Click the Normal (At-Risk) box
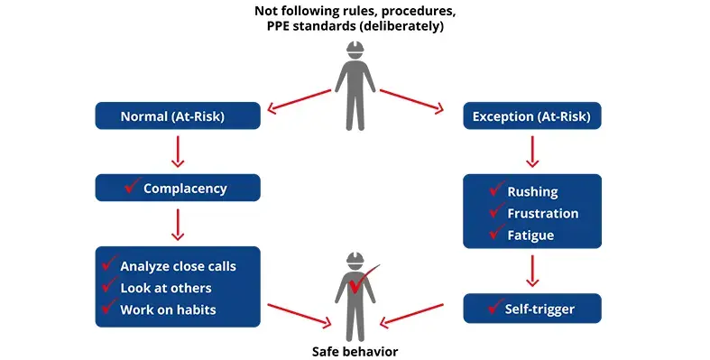tap(178, 115)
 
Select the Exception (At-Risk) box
tap(531, 115)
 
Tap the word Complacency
tap(185, 189)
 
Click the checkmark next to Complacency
tap(131, 187)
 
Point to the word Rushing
tap(532, 191)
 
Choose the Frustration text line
tap(542, 213)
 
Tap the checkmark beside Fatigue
tap(495, 234)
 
